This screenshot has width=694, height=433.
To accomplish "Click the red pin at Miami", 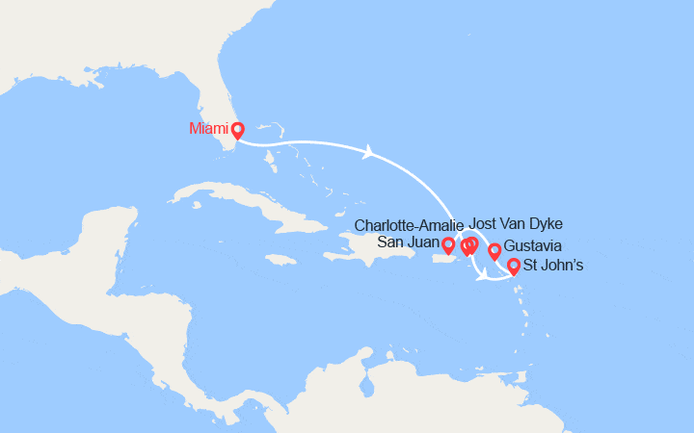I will tap(238, 129).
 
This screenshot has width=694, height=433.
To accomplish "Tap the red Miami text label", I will tap(209, 128).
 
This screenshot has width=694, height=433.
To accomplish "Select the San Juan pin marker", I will tap(448, 245).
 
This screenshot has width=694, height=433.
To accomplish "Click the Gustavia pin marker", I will tap(494, 251).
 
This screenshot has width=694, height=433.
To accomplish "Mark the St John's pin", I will tap(514, 267).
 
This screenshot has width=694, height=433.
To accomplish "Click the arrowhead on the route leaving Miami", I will tap(369, 152).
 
